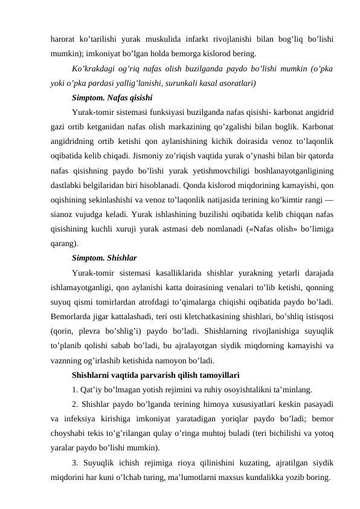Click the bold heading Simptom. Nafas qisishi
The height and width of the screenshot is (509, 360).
111,97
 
